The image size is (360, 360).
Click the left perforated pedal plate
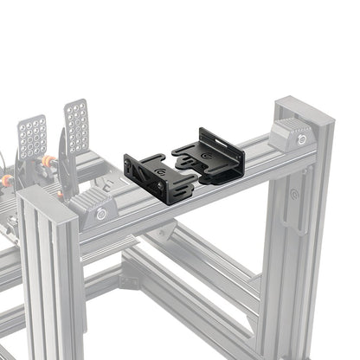coord(32,136)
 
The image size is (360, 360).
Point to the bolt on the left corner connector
coord(101,214)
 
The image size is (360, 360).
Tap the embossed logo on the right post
coord(295,196)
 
